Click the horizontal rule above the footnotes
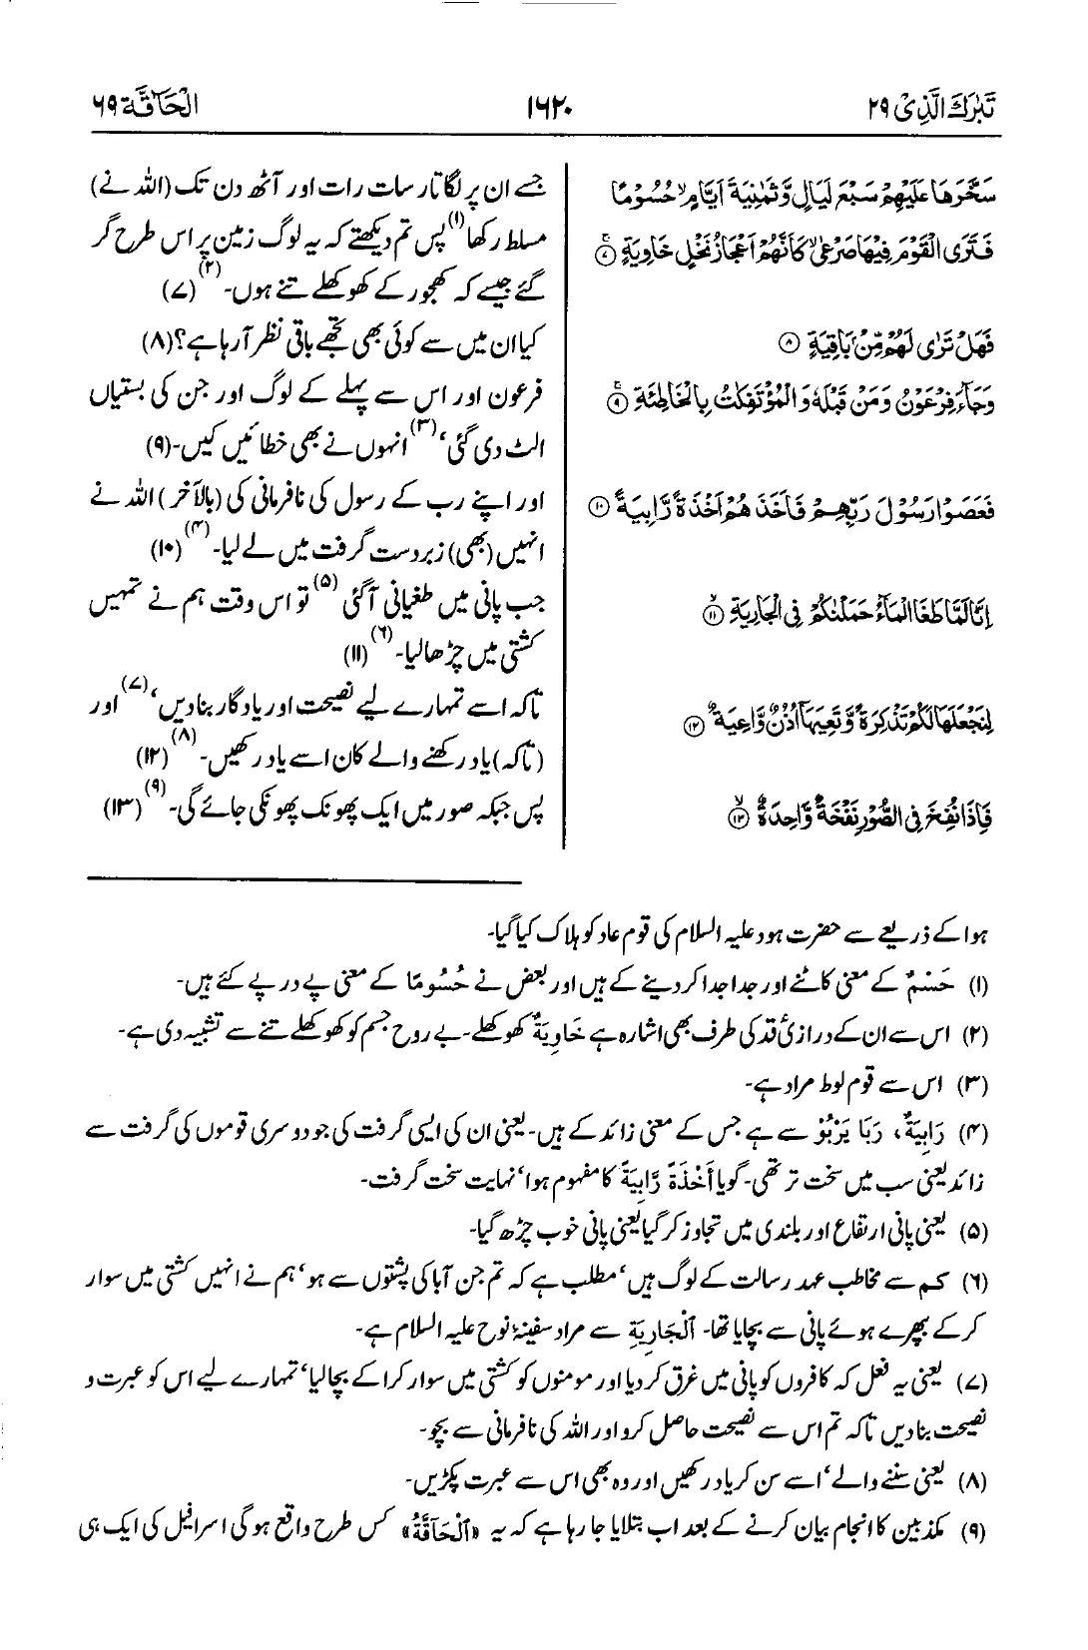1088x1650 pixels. (x=303, y=880)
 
